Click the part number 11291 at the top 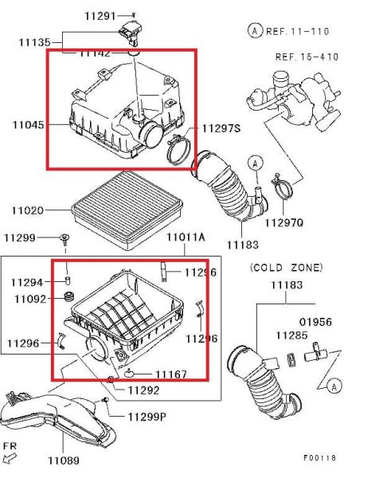pyautogui.click(x=100, y=15)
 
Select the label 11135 pyautogui.click(x=29, y=42)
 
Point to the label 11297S pyautogui.click(x=221, y=128)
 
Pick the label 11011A pyautogui.click(x=185, y=237)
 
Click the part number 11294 pyautogui.click(x=27, y=282)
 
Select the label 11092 pyautogui.click(x=27, y=299)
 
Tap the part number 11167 pyautogui.click(x=170, y=373)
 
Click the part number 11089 pyautogui.click(x=64, y=460)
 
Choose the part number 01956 pyautogui.click(x=315, y=322)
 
